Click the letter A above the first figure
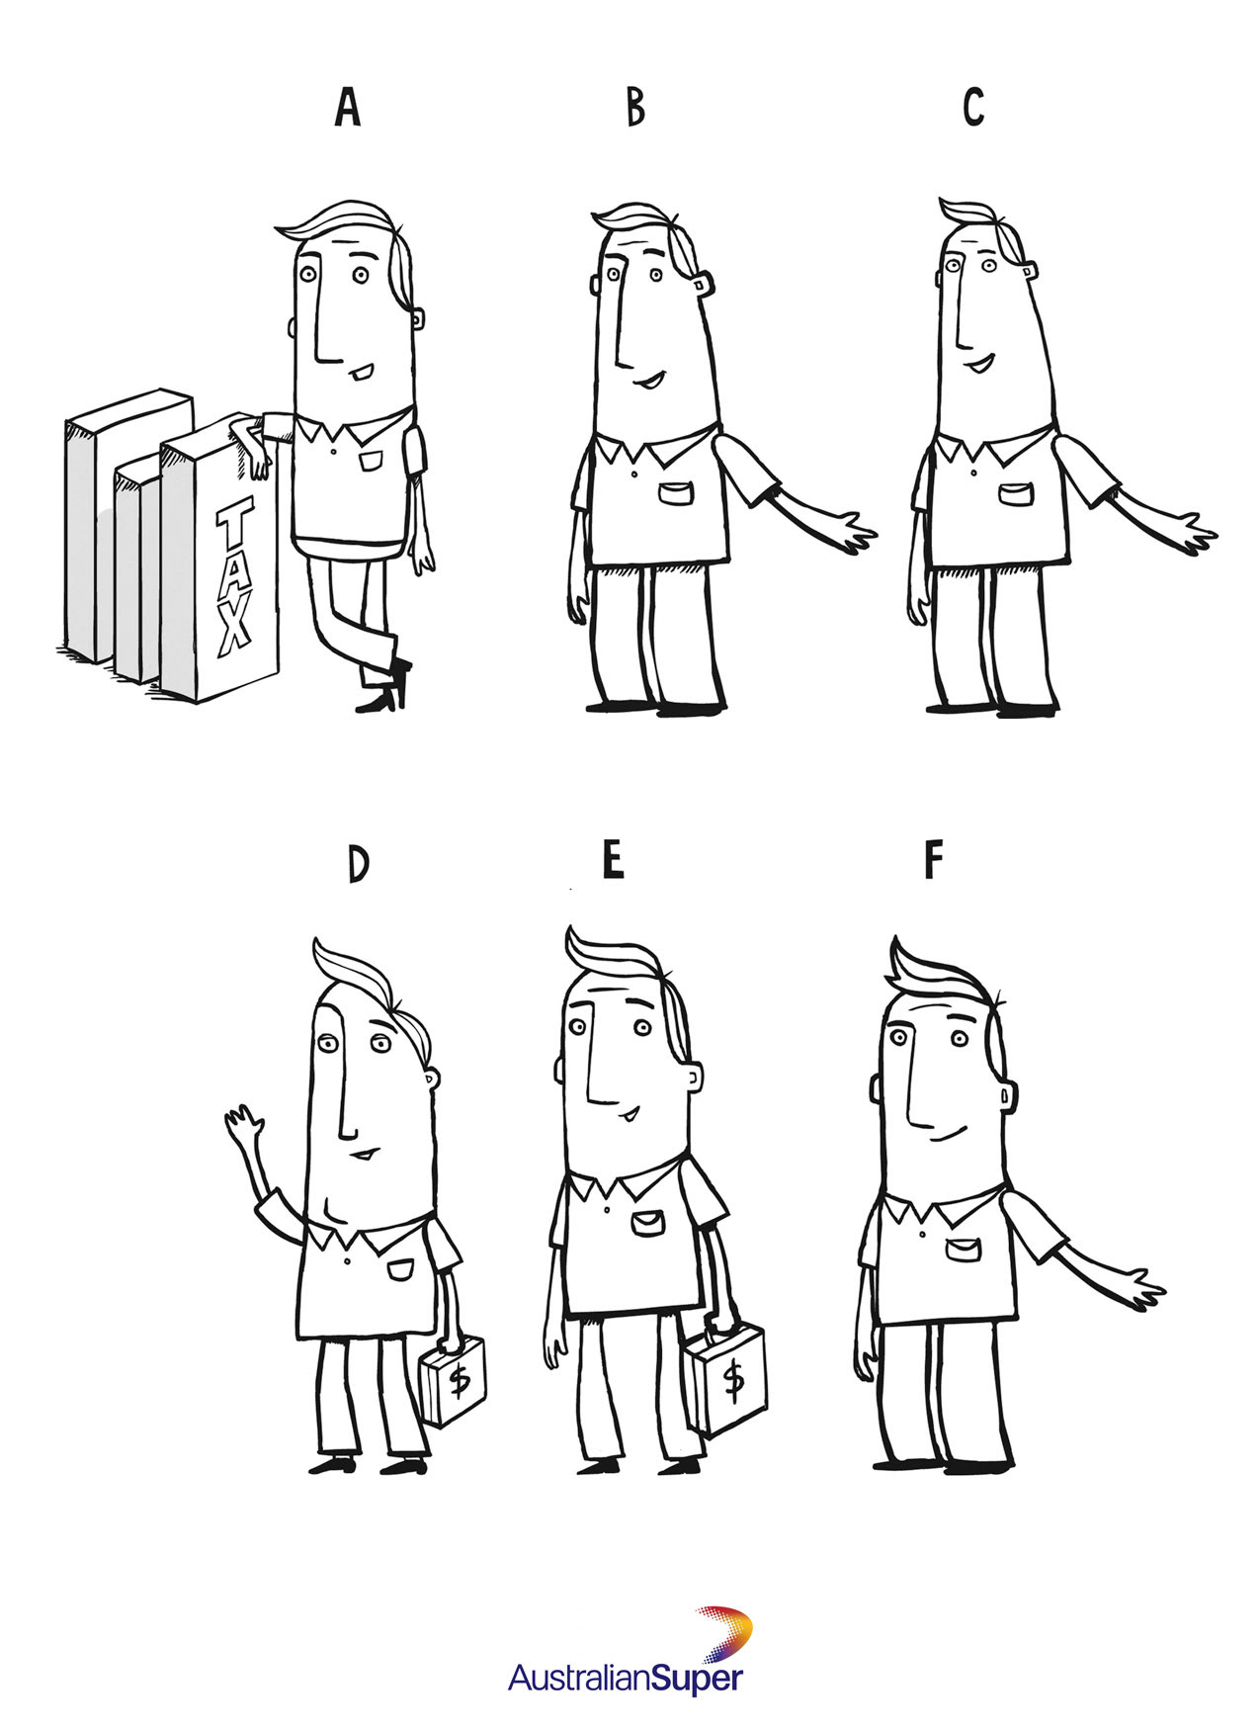[x=347, y=108]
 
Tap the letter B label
[x=635, y=108]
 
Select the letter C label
[x=973, y=108]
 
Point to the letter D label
[x=358, y=864]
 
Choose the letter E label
[x=613, y=859]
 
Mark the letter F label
[x=933, y=859]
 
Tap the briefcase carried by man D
[x=454, y=1378]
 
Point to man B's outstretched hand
[x=852, y=532]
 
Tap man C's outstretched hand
[x=1193, y=532]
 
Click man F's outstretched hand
[x=1140, y=1288]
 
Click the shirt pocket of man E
[x=648, y=1223]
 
